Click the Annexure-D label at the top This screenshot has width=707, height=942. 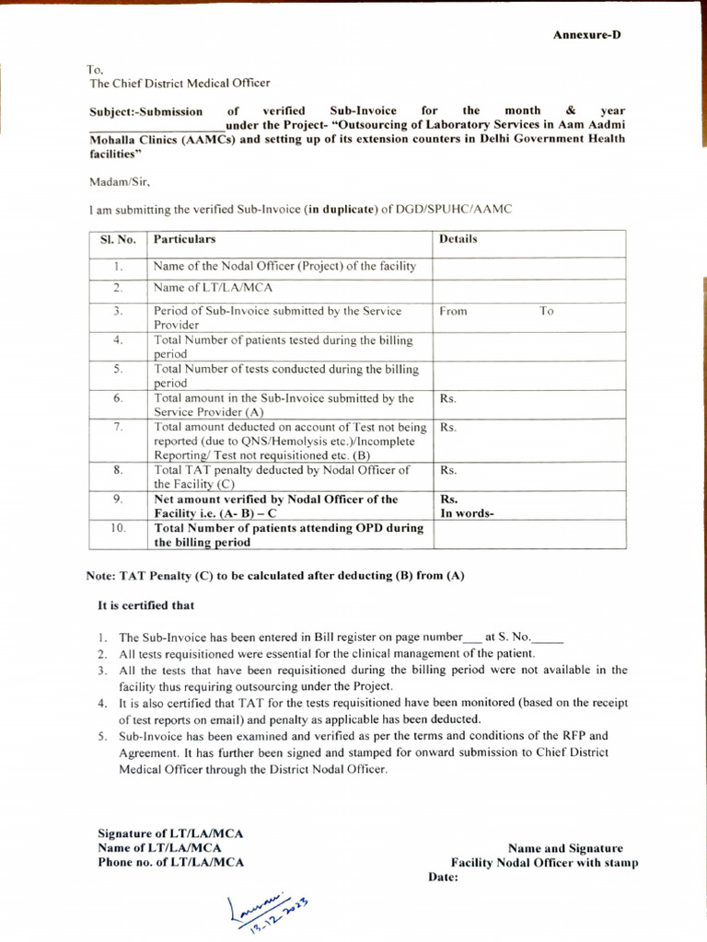[x=586, y=34]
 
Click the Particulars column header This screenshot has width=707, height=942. [x=185, y=239]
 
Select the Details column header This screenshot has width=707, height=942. [x=458, y=239]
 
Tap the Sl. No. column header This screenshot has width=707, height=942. [x=118, y=239]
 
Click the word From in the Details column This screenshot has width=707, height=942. [x=453, y=311]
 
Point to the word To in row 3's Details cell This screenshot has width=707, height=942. [x=547, y=311]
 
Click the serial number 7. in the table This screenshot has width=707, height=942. [x=118, y=428]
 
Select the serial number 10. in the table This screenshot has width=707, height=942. [x=118, y=529]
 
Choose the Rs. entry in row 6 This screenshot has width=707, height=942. [x=448, y=399]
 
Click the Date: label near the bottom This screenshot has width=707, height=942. [x=444, y=877]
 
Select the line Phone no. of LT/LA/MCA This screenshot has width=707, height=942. [x=171, y=862]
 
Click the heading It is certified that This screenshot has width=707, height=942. [x=146, y=605]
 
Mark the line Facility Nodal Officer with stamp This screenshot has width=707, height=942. [x=544, y=863]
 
